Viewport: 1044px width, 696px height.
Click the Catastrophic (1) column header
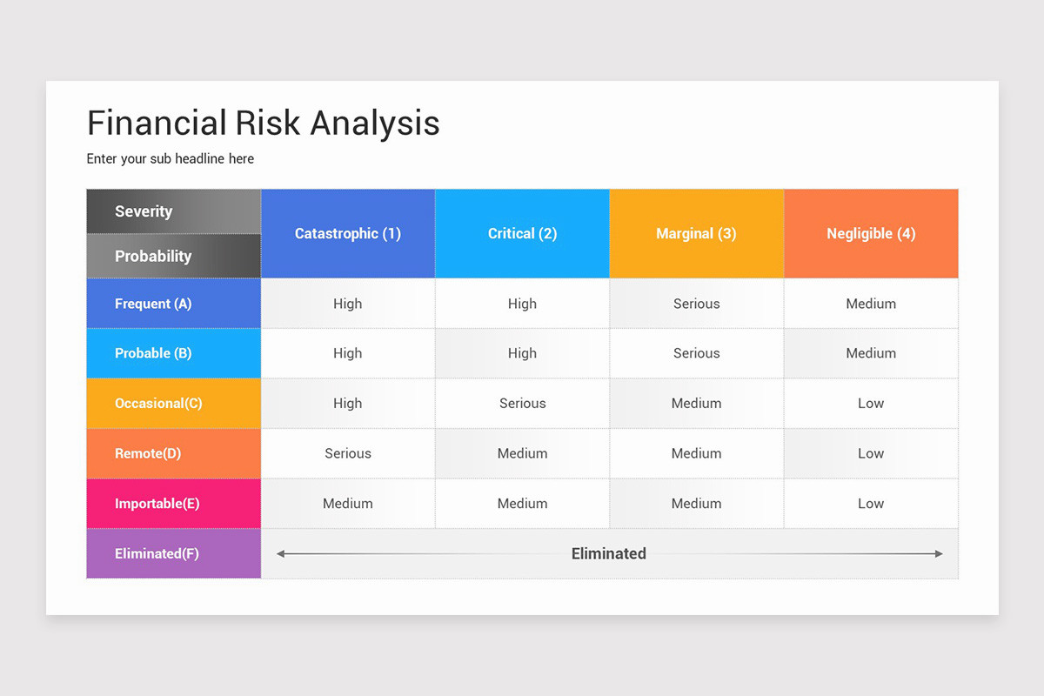point(347,233)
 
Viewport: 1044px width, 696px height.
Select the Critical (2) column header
point(522,233)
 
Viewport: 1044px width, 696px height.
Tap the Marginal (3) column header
point(696,233)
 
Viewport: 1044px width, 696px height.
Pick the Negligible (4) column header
point(871,233)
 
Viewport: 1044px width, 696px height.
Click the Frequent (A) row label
point(153,304)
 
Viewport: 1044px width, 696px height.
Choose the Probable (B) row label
point(153,353)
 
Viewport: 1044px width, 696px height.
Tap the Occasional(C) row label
point(158,404)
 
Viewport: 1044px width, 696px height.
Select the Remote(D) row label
point(148,453)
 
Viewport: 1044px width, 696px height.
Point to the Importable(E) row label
point(157,504)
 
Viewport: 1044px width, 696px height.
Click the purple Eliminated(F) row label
point(157,553)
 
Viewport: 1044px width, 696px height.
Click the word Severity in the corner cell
point(144,211)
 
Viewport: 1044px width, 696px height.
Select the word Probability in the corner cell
point(153,256)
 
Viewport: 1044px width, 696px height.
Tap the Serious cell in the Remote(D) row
point(348,453)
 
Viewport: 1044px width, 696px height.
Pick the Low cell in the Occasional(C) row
point(871,404)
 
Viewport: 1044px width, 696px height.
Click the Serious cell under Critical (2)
point(522,404)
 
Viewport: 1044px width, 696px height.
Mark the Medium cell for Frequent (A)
point(871,304)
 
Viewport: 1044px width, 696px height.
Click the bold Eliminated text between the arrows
point(609,553)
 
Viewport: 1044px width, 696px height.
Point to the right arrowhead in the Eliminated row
point(938,553)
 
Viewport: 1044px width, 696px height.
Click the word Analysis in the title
point(375,123)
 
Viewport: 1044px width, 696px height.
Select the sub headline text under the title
point(171,159)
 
